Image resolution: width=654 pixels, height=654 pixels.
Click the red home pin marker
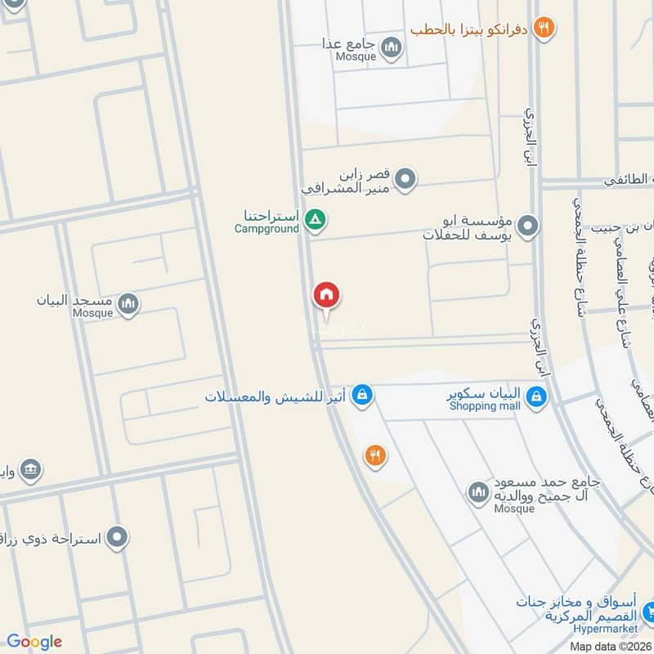coord(326,296)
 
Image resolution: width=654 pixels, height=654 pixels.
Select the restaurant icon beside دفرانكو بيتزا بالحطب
coord(544,29)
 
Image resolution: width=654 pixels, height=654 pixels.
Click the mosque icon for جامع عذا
coord(392,47)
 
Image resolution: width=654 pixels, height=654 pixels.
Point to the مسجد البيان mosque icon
coord(128,305)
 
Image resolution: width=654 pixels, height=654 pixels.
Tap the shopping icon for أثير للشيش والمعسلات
coord(362,396)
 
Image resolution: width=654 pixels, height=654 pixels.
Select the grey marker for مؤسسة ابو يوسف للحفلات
coord(528,225)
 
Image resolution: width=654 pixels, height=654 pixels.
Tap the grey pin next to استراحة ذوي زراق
coord(119,538)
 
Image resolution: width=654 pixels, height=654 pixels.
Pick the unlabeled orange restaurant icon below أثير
coord(375,455)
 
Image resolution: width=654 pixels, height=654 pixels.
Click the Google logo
coord(34,642)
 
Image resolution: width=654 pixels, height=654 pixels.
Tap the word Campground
coord(267,229)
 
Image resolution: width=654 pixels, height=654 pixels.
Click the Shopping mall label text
coord(485,406)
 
